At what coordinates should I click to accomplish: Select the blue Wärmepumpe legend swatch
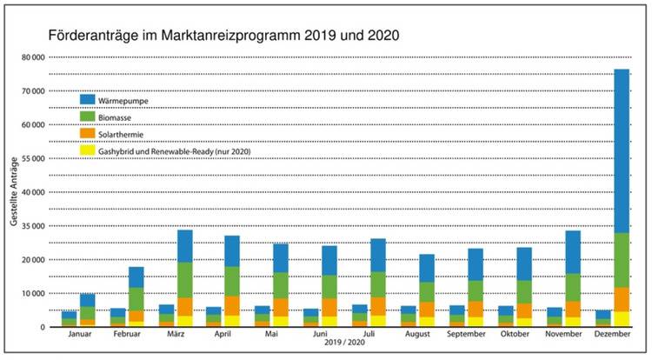pos(88,100)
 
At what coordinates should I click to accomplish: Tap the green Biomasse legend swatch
pos(88,117)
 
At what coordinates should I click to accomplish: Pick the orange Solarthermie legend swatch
pos(88,134)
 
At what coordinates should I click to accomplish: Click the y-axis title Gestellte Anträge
pos(15,192)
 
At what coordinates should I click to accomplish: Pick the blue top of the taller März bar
pos(184,246)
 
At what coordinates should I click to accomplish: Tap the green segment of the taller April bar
pos(232,280)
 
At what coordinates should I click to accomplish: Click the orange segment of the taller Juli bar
pos(378,304)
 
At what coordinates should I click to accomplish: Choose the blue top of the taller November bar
pos(573,252)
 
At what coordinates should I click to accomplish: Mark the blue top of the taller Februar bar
pos(136,277)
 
